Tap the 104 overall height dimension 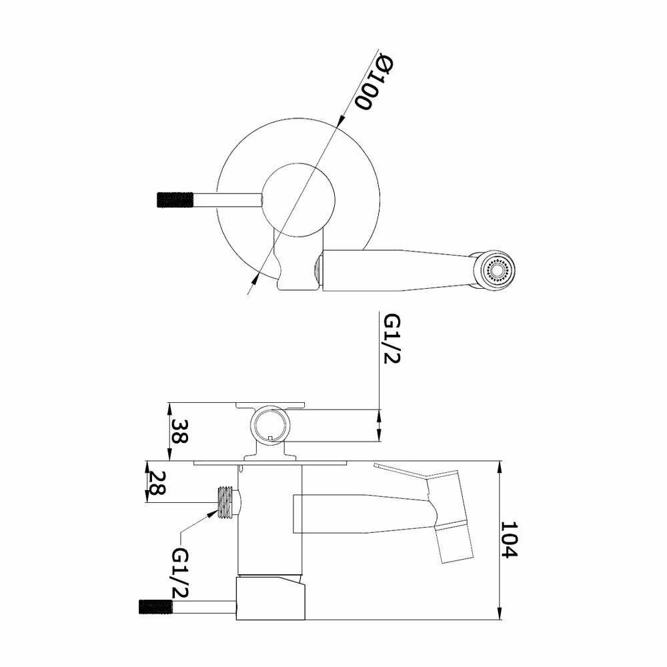(x=508, y=540)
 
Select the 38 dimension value (x=179, y=432)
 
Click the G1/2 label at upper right (x=392, y=339)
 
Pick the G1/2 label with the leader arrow (x=180, y=573)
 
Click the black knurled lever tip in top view (x=175, y=200)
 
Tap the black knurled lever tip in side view (x=155, y=606)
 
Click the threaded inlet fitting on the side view (x=225, y=503)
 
